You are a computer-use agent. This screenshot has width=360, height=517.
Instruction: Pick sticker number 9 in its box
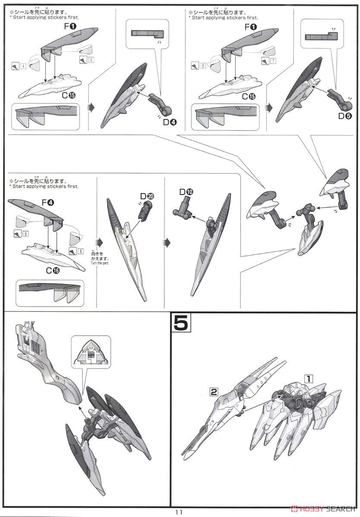(x=26, y=234)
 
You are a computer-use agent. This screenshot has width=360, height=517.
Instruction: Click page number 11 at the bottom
(x=179, y=512)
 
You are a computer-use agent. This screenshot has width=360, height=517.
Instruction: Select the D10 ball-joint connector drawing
(x=186, y=207)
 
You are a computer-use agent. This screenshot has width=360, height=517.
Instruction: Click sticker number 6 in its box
(x=203, y=65)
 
